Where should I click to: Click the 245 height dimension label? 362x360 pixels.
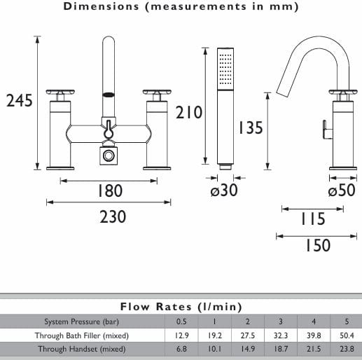tap(20, 101)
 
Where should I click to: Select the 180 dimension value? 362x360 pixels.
tap(109, 191)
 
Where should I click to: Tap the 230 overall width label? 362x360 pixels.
tap(113, 216)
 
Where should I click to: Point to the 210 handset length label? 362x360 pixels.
tap(188, 112)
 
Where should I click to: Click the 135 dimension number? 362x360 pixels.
tap(250, 127)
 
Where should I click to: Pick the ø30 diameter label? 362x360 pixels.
tap(224, 190)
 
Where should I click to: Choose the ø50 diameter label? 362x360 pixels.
tap(342, 190)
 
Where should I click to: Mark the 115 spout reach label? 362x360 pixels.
tap(313, 219)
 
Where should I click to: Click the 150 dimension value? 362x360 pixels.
tap(318, 245)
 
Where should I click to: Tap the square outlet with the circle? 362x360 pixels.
tap(109, 155)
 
